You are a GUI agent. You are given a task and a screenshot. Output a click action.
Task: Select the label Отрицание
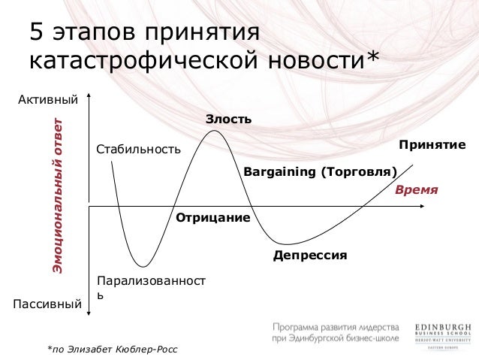click(x=212, y=218)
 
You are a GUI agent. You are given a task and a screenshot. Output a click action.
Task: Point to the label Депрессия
click(x=310, y=256)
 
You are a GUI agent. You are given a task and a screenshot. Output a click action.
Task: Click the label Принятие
click(x=432, y=144)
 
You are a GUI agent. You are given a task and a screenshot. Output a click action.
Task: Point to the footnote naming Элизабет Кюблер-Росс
click(x=113, y=349)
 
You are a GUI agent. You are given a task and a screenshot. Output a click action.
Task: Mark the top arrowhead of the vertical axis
click(x=89, y=96)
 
